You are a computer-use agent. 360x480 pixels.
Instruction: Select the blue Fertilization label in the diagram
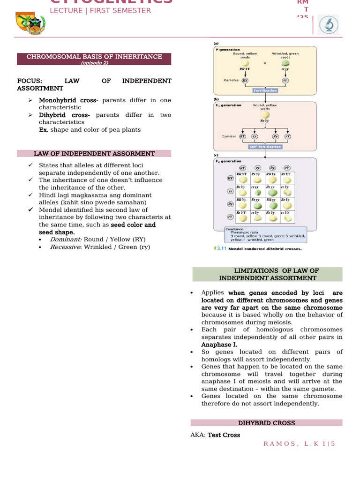click(x=265, y=90)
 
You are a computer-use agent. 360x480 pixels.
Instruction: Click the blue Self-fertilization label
click(x=265, y=147)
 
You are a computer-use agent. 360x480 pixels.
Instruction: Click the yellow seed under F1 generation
click(x=265, y=114)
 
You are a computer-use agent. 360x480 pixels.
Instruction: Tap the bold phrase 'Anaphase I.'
click(x=219, y=345)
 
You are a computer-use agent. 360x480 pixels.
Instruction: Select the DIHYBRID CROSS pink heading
click(x=266, y=423)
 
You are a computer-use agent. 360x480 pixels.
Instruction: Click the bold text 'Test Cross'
click(x=224, y=435)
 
